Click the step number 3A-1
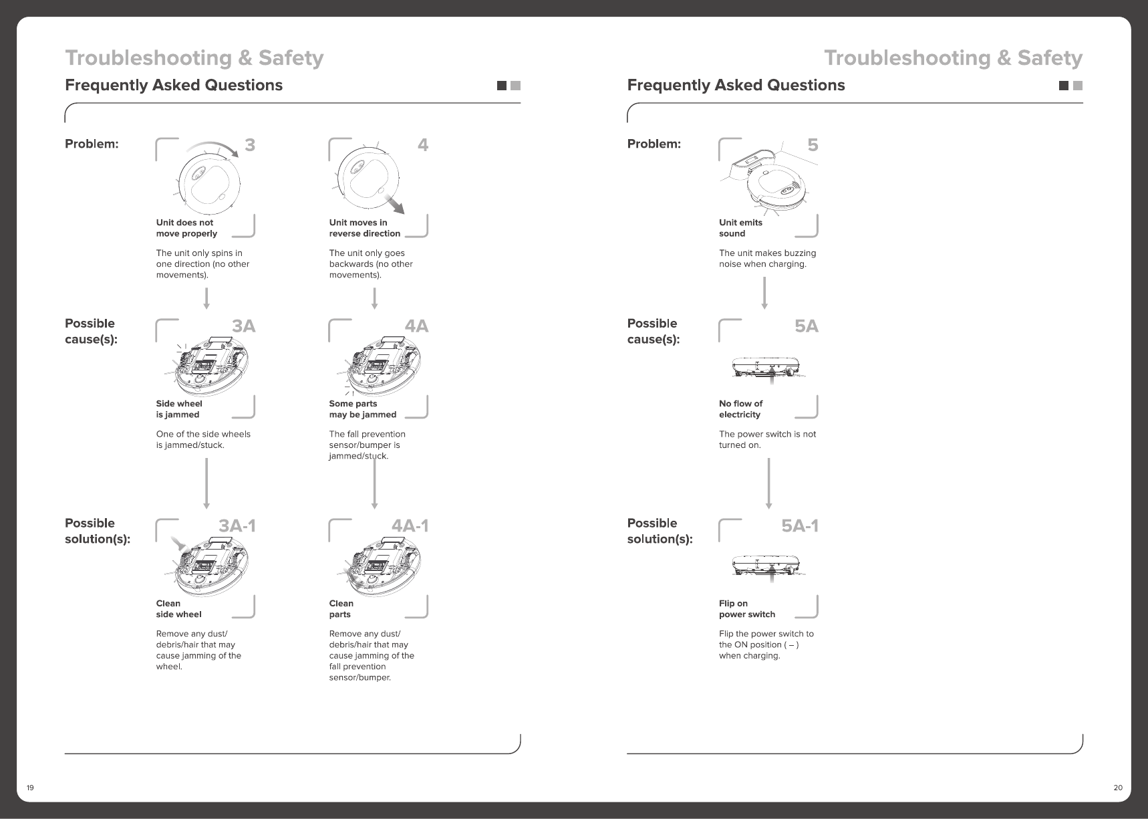[x=237, y=526]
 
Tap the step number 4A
[x=416, y=326]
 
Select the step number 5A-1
[x=800, y=526]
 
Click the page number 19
[x=30, y=788]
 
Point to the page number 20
[x=1118, y=788]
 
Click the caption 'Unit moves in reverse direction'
[x=364, y=228]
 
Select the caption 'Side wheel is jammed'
[x=178, y=409]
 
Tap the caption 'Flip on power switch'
[x=746, y=609]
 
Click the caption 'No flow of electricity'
[x=740, y=409]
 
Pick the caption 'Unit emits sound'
[x=740, y=228]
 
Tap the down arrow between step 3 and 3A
[x=206, y=298]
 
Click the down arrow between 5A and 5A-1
[x=769, y=483]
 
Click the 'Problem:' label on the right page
[x=654, y=144]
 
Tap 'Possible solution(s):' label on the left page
[x=97, y=531]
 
